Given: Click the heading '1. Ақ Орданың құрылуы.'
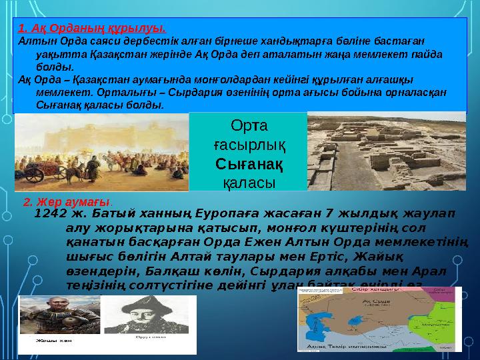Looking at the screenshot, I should [91, 28].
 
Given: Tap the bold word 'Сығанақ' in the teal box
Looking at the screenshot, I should [249, 162].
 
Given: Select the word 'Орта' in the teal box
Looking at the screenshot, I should [249, 125].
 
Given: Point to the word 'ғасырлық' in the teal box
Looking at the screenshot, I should [249, 144].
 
